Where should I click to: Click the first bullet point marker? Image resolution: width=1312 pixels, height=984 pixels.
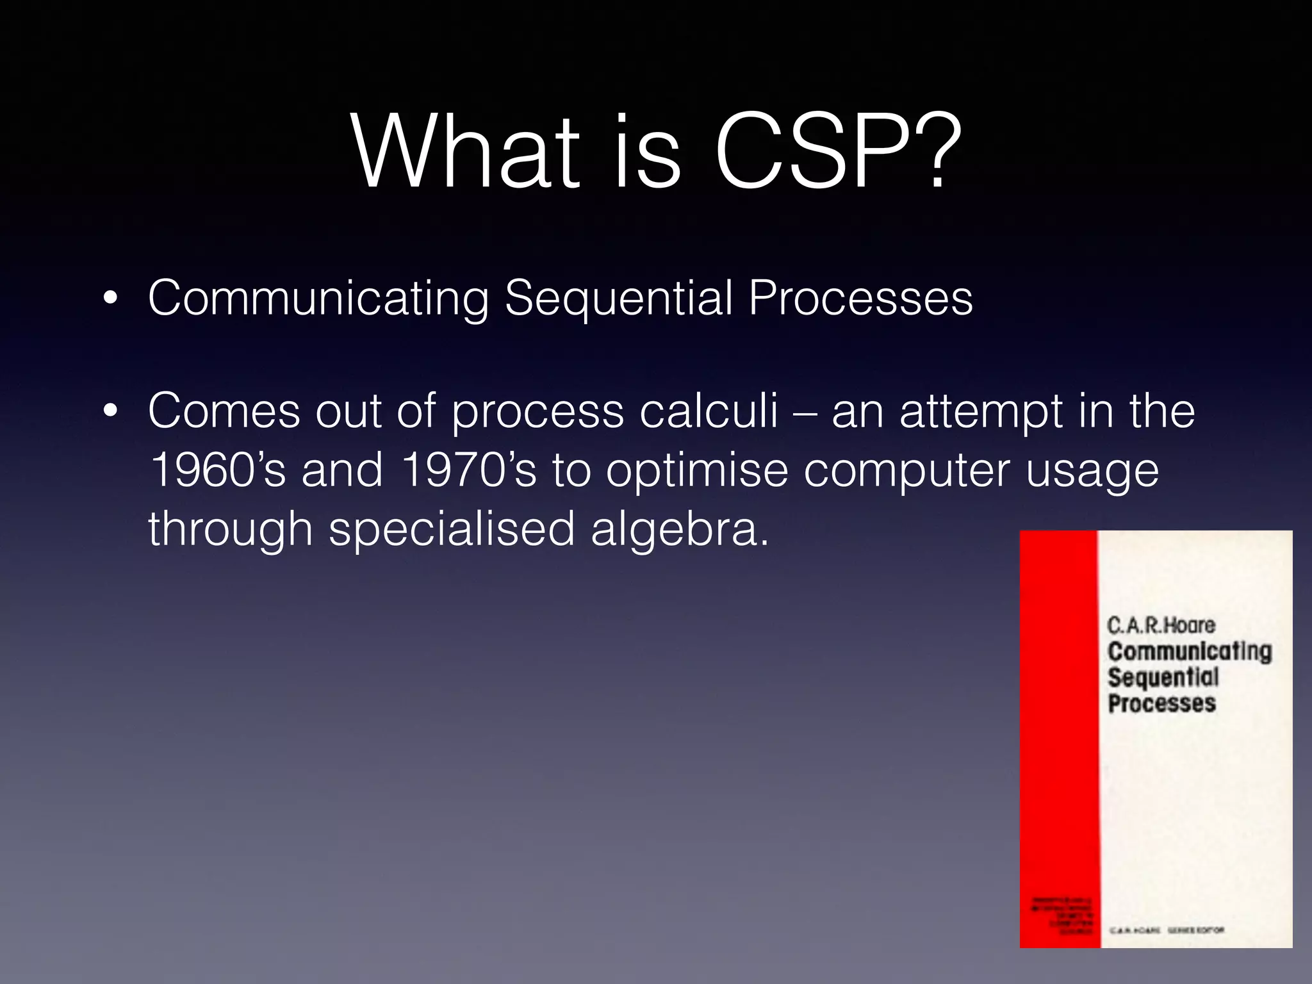point(110,299)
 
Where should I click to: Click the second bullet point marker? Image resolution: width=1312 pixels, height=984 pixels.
point(110,411)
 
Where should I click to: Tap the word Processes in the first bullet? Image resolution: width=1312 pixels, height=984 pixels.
point(860,299)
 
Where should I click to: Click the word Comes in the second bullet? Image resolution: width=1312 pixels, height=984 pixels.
point(224,411)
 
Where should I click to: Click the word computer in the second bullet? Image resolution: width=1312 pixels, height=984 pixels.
point(907,470)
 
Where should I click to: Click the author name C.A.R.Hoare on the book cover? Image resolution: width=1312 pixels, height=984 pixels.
point(1161,625)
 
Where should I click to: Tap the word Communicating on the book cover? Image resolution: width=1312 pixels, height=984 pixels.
point(1190,652)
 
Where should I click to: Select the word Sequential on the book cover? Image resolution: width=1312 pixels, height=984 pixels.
point(1163,678)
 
